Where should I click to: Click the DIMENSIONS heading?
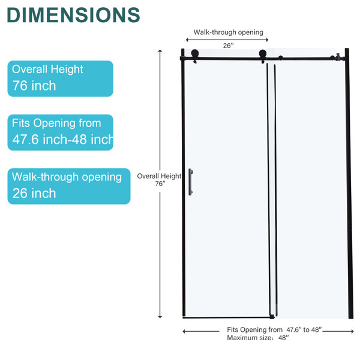point(73,14)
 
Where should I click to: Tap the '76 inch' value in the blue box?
point(34,86)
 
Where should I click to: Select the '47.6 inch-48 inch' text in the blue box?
point(62,139)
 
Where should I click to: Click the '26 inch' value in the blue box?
point(34,193)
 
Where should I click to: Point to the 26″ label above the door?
point(228,46)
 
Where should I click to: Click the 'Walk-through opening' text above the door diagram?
point(228,32)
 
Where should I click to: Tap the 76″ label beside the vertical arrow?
point(160,184)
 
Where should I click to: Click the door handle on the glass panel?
point(191,182)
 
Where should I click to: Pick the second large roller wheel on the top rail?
point(263,54)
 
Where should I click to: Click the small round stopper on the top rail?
point(281,58)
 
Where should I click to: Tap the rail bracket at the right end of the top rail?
point(337,57)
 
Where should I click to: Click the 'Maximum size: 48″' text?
point(258,338)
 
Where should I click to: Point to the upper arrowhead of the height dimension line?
point(160,51)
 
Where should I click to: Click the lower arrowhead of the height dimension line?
point(160,317)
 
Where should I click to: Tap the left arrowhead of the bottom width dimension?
point(184,331)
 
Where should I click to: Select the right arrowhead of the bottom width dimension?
point(352,331)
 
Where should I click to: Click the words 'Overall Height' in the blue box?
point(47,70)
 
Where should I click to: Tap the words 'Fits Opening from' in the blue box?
point(56,123)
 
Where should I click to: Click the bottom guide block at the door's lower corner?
point(272,317)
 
